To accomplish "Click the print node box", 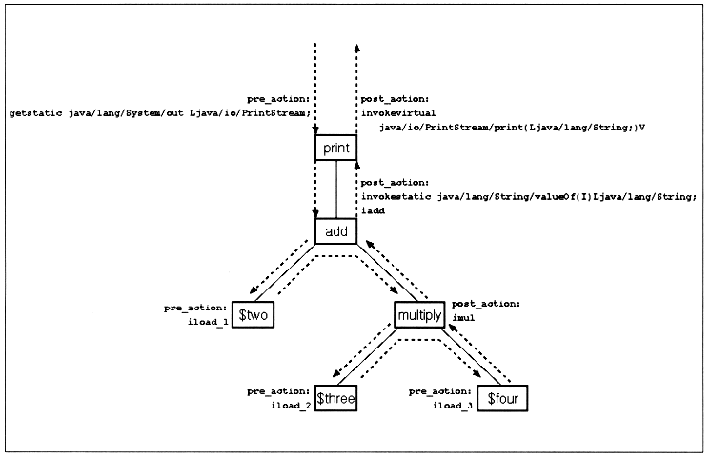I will point(335,148).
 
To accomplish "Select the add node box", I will point(335,231).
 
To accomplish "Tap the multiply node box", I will point(420,315).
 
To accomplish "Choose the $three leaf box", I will point(336,399).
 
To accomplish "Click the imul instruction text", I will point(463,318).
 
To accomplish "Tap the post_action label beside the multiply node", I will point(486,304).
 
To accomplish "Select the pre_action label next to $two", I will point(195,309).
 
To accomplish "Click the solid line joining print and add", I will point(336,189).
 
